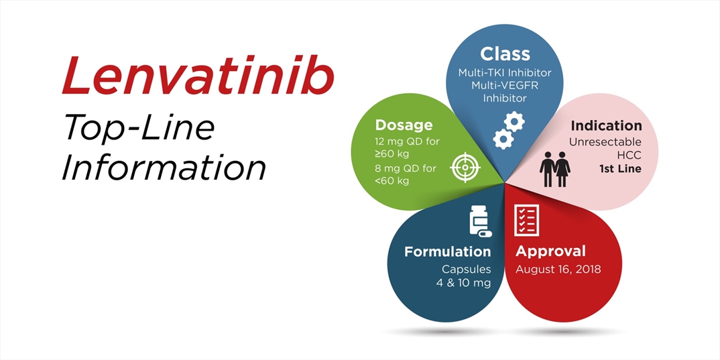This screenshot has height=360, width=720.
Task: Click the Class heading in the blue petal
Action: [505, 54]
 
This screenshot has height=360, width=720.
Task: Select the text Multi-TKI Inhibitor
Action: [505, 73]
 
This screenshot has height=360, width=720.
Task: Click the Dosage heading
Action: [404, 125]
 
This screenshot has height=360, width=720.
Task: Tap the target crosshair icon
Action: [464, 168]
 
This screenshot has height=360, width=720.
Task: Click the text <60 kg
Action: [392, 181]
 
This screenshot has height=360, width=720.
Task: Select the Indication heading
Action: [607, 125]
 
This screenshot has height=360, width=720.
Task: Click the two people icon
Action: [554, 169]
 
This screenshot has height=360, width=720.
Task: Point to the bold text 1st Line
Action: [620, 169]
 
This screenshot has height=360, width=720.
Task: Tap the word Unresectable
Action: [605, 142]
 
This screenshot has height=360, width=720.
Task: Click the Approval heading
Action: [550, 251]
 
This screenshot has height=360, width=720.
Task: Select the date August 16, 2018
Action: [558, 269]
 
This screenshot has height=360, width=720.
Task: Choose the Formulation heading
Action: [448, 251]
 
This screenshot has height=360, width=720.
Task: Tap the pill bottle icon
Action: [479, 222]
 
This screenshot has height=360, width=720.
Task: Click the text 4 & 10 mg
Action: [463, 283]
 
